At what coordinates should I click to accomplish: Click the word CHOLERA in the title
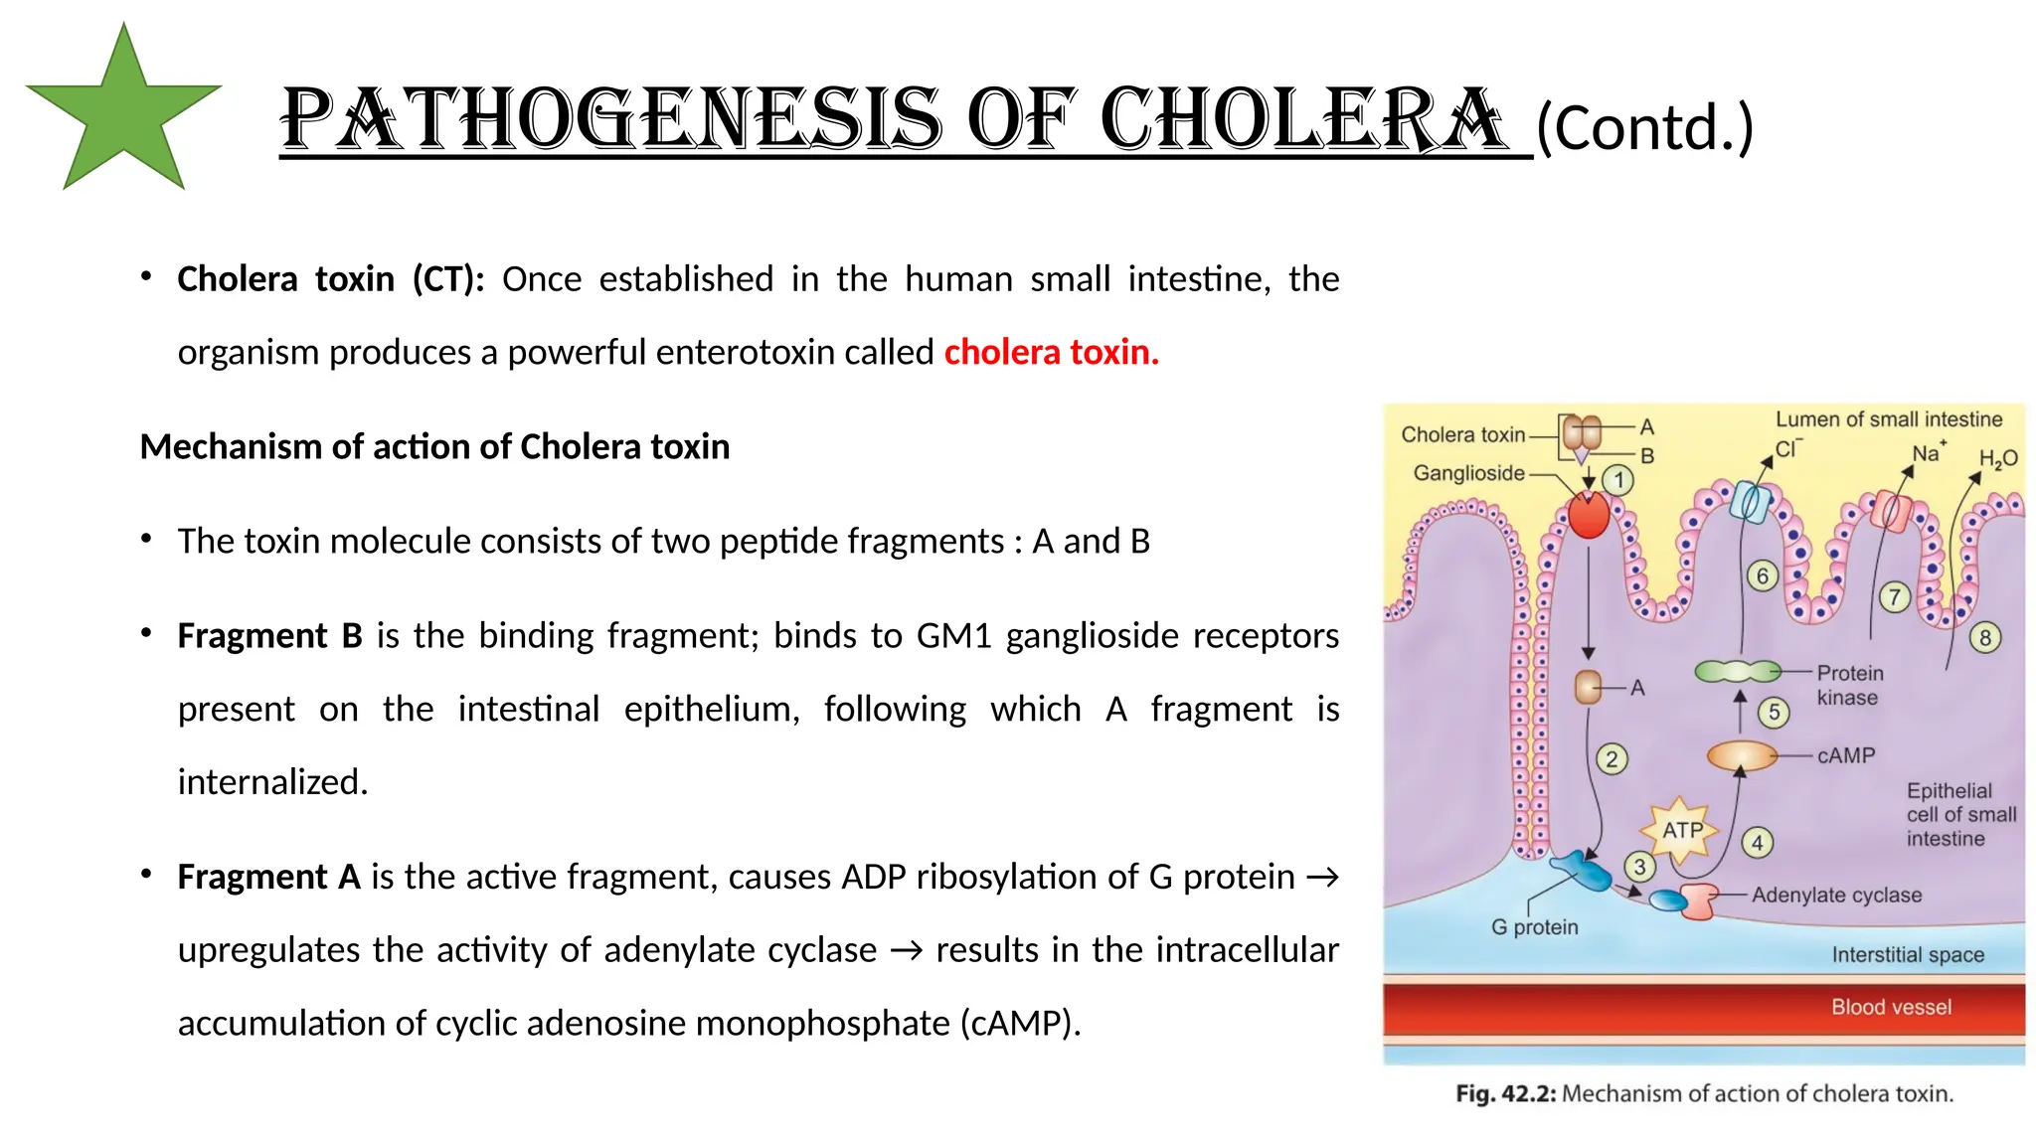1302,120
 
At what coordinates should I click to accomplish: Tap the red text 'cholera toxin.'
1051,352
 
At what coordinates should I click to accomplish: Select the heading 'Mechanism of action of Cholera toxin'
434,447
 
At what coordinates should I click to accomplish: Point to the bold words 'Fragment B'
269,636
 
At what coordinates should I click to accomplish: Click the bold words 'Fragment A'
268,878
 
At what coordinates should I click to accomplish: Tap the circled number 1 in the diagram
1618,481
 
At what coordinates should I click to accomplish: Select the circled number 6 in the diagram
1763,575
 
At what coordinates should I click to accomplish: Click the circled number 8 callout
1985,638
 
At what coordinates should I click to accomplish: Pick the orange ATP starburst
1682,830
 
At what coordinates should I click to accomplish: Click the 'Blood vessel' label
1891,1007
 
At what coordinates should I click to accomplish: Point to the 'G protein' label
1534,927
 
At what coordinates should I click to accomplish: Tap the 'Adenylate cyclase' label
1836,896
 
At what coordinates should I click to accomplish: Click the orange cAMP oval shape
1742,756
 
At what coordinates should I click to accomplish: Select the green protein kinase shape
1738,673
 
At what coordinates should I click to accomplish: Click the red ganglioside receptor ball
1589,516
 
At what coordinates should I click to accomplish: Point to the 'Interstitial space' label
1908,955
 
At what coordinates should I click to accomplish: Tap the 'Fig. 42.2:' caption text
1505,1094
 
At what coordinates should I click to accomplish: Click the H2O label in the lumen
1997,459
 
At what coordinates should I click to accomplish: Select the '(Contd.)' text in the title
1644,128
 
